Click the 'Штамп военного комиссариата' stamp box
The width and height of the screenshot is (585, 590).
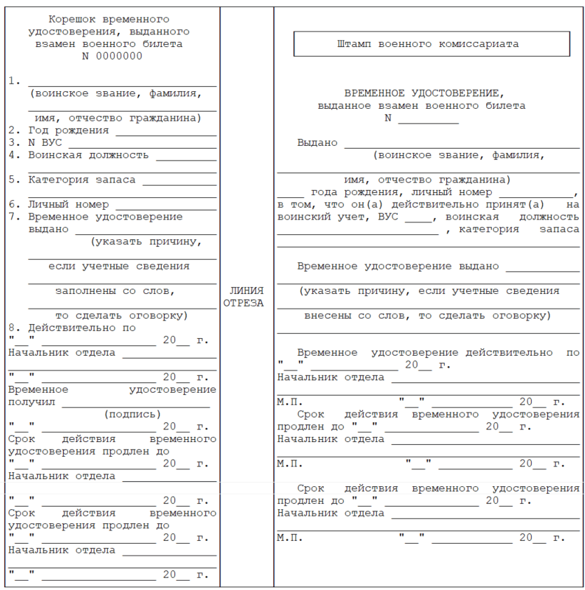click(431, 43)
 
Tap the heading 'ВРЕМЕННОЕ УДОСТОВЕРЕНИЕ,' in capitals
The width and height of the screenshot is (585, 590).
click(424, 93)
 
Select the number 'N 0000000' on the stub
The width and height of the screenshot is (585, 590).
click(112, 56)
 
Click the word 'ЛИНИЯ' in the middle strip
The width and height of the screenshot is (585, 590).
click(246, 290)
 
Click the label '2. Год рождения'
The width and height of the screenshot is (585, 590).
click(60, 130)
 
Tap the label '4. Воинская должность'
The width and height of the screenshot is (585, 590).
click(79, 155)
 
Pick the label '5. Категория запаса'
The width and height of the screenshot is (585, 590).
click(73, 180)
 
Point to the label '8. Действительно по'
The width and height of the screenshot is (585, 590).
click(73, 328)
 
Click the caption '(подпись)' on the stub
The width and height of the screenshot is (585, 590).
click(132, 414)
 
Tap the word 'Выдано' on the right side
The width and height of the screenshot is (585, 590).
click(317, 142)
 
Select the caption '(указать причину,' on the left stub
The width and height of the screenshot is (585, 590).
click(146, 241)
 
